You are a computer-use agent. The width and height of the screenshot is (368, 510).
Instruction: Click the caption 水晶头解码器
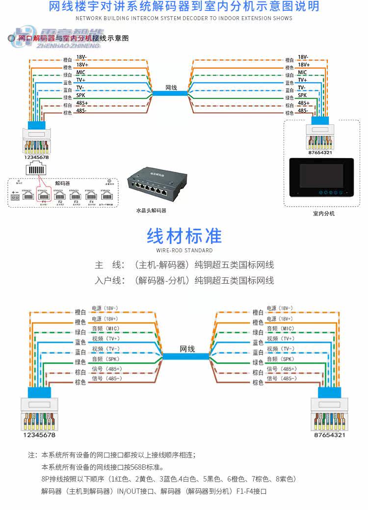(x=151, y=211)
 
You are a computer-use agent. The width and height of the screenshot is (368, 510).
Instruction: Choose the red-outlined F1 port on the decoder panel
(x=43, y=196)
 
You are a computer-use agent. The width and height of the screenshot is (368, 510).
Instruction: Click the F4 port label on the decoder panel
(x=90, y=201)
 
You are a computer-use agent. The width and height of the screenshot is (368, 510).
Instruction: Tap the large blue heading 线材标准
(x=184, y=236)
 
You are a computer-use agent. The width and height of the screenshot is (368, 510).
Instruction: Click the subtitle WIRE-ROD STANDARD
(x=184, y=250)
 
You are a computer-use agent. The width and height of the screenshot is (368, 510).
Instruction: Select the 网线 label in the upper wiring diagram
(x=171, y=87)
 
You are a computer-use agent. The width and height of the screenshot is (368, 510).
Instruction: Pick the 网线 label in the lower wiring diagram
(x=187, y=349)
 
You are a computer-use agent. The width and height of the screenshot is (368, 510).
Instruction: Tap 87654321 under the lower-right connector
(x=330, y=434)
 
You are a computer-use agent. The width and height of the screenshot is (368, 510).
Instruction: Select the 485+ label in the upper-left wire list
(x=82, y=103)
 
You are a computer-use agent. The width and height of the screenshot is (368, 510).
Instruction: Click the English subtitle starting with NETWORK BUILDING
(x=184, y=18)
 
